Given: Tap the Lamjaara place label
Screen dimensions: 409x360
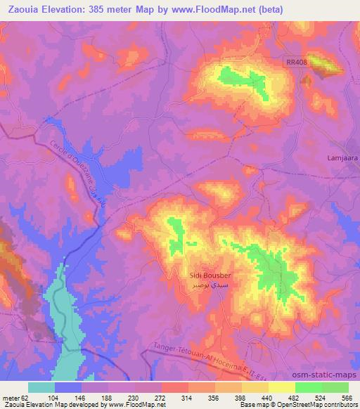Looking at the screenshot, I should [342, 158].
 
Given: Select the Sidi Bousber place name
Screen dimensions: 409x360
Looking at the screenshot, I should [210, 276].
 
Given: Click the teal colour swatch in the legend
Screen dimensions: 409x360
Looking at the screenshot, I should [41, 387].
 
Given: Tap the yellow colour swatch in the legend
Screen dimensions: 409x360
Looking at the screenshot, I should [282, 387].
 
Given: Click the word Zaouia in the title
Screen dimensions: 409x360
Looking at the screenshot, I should [20, 9].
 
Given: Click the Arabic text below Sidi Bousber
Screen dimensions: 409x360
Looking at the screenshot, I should [211, 287].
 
